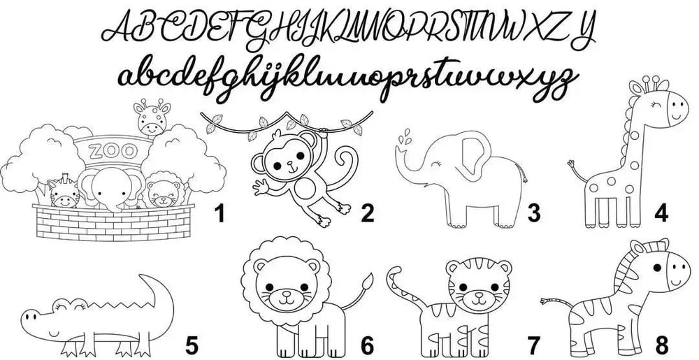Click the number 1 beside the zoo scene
click(x=219, y=213)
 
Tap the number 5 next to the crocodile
click(x=192, y=346)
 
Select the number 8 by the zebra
click(x=662, y=345)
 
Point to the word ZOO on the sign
click(x=113, y=152)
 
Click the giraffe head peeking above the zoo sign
click(x=152, y=117)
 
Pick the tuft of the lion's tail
click(x=368, y=282)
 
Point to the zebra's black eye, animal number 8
click(x=657, y=268)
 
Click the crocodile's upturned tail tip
click(x=142, y=277)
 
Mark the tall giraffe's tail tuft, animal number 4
click(x=571, y=164)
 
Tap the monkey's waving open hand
click(x=261, y=187)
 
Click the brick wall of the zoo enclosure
click(x=114, y=222)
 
